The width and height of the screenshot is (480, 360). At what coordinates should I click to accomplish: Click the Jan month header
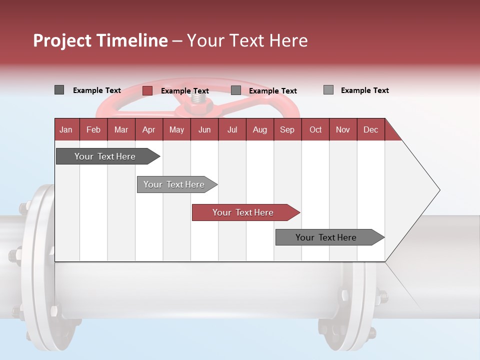pyautogui.click(x=66, y=129)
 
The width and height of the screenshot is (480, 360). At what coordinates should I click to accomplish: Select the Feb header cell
pyautogui.click(x=93, y=129)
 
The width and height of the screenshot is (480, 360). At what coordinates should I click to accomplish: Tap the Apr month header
pyautogui.click(x=149, y=129)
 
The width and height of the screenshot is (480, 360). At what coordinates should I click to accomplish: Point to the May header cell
pyautogui.click(x=176, y=129)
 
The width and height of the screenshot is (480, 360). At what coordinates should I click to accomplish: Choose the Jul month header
pyautogui.click(x=232, y=129)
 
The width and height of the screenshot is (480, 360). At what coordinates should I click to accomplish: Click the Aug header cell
pyautogui.click(x=260, y=129)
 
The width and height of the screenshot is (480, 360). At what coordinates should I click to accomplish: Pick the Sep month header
pyautogui.click(x=287, y=129)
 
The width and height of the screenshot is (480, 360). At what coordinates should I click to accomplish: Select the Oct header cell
pyautogui.click(x=315, y=129)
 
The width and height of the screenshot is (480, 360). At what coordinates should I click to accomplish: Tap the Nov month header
pyautogui.click(x=343, y=129)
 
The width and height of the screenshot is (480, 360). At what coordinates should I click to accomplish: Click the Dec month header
pyautogui.click(x=371, y=129)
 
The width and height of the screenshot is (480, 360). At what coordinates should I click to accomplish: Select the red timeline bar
pyautogui.click(x=245, y=212)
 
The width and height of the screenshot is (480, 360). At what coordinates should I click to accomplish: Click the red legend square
pyautogui.click(x=147, y=90)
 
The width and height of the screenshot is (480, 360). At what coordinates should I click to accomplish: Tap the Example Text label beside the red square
pyautogui.click(x=185, y=91)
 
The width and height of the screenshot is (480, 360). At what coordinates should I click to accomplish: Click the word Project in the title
pyautogui.click(x=62, y=40)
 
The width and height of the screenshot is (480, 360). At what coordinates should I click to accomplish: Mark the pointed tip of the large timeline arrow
pyautogui.click(x=439, y=190)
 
